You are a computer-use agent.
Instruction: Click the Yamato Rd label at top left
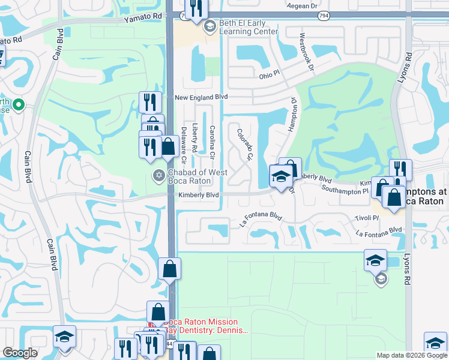pos(143,18)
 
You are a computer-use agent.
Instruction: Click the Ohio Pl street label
pos(270,76)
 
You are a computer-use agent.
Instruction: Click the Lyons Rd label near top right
pos(408,67)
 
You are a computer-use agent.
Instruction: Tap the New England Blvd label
pos(201,97)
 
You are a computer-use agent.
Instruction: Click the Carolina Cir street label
pos(212,139)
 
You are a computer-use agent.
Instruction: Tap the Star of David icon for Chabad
pos(158,175)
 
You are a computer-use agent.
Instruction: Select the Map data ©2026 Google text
pos(412,355)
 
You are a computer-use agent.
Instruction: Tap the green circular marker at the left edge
pos(19,106)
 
